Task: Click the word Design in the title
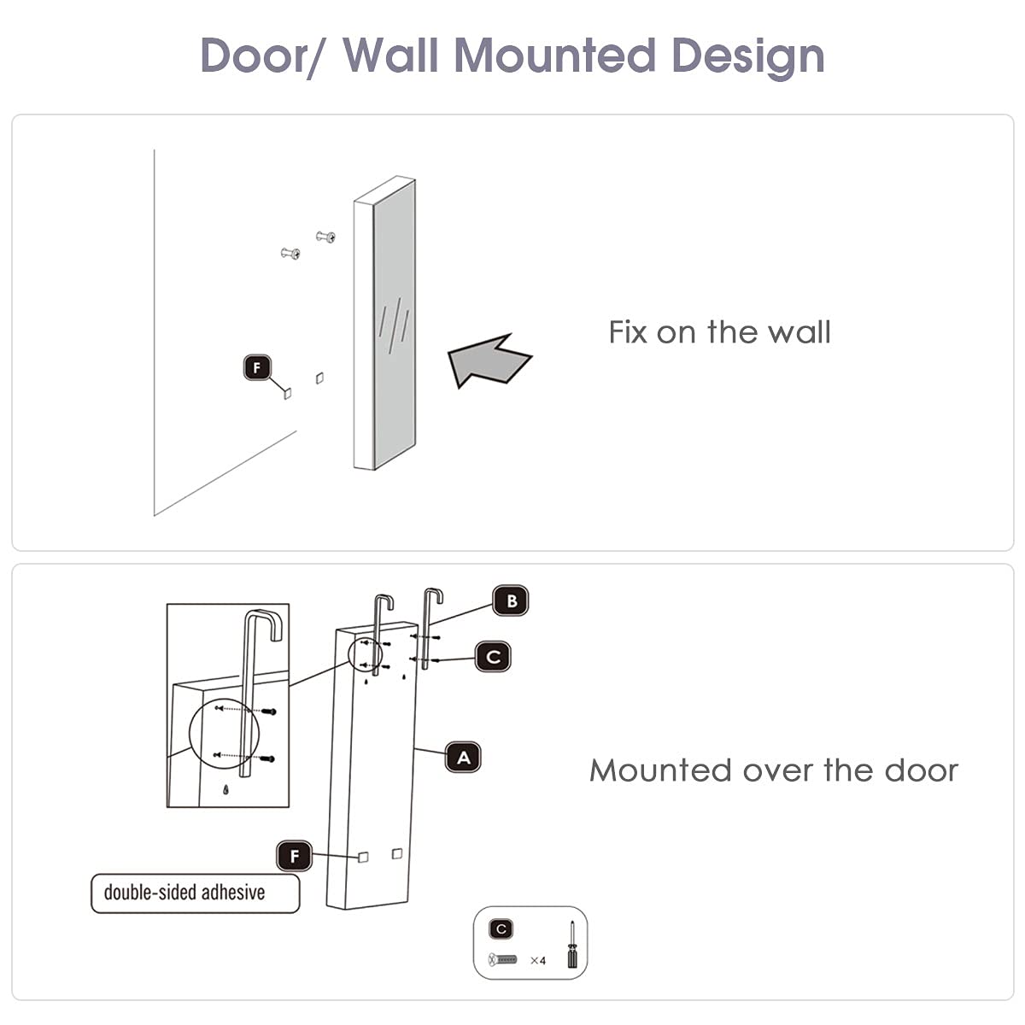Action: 747,56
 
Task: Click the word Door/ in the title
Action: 264,56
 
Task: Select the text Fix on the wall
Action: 719,332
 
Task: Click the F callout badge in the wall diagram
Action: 257,368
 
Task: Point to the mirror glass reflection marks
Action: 394,325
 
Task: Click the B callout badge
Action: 511,600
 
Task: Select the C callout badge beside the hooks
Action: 493,657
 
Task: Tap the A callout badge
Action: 463,758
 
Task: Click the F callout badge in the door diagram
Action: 295,856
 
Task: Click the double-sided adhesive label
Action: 196,893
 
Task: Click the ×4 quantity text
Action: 537,961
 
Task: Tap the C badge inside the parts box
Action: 501,929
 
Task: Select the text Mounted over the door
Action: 773,770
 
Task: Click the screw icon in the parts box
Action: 503,960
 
